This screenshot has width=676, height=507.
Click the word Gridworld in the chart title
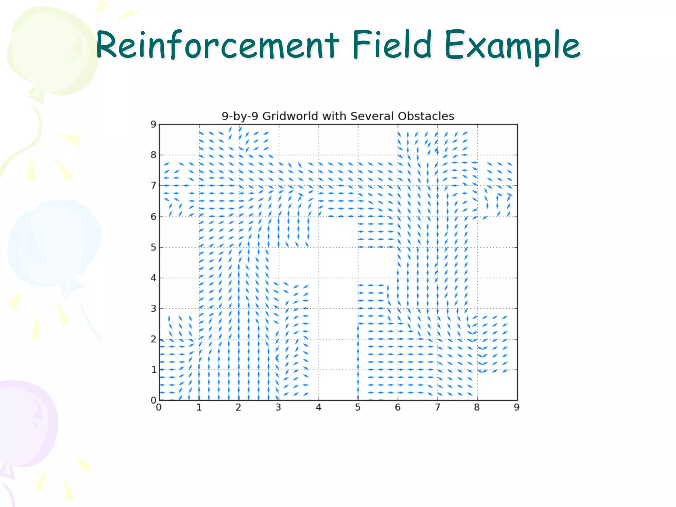point(290,116)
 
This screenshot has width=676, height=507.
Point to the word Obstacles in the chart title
point(426,116)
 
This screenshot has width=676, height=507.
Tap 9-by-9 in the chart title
point(240,116)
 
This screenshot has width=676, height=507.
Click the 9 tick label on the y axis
point(153,124)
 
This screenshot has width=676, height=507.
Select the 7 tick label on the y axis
point(153,186)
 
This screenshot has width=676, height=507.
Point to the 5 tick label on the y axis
point(153,247)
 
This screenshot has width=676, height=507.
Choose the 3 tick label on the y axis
point(153,309)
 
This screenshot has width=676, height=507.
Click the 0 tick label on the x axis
point(159,408)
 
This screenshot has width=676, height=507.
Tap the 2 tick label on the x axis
point(238,408)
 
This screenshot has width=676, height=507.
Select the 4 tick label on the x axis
point(318,408)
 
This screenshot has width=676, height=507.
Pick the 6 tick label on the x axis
point(398,408)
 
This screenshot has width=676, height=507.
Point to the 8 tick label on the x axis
point(477,408)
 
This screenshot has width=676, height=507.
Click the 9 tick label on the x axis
point(517,408)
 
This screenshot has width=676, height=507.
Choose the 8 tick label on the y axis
point(153,155)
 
